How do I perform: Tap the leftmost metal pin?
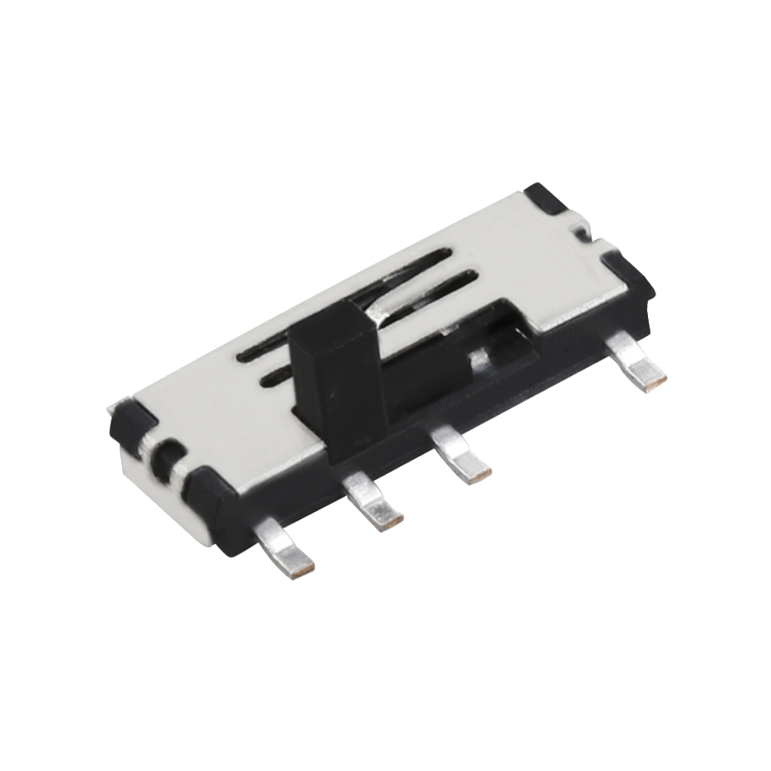click(x=285, y=546)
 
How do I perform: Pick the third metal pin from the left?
click(x=462, y=454)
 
